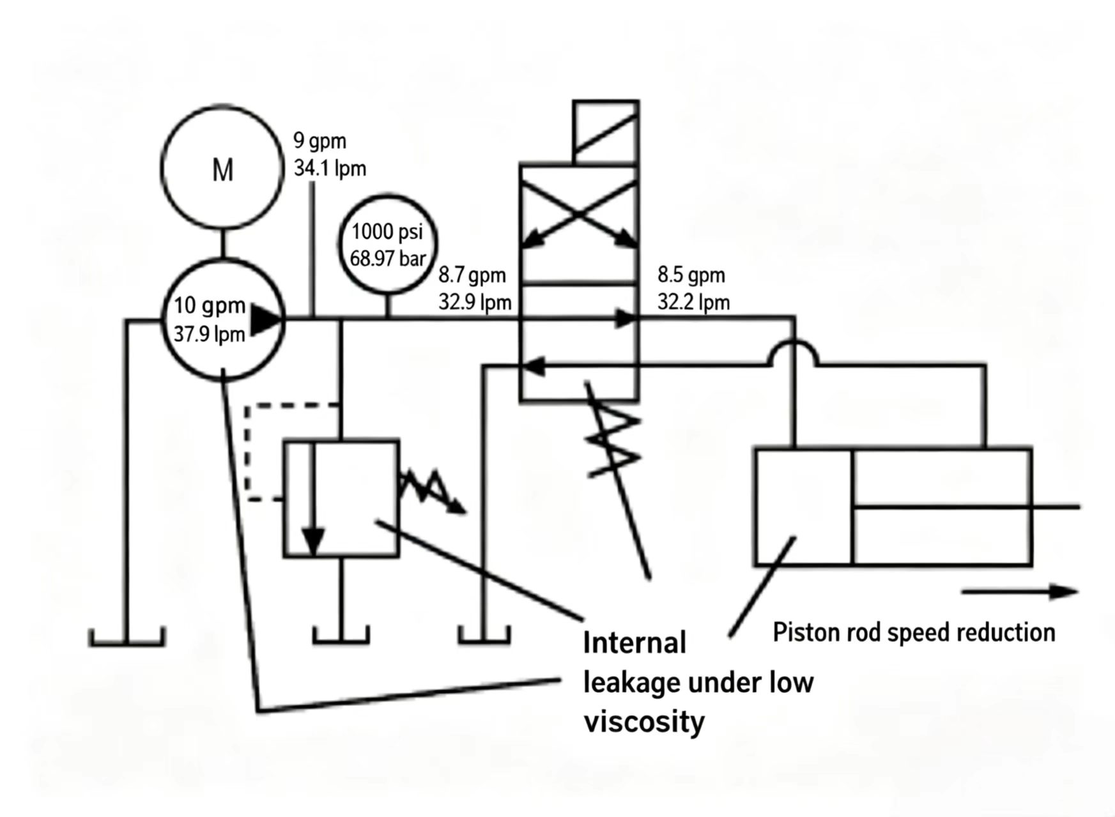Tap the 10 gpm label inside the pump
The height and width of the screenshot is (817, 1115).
(210, 305)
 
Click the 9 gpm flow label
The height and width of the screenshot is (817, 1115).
(319, 141)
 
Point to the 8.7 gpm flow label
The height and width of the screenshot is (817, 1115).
(472, 275)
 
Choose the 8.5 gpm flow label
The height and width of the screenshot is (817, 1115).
(691, 275)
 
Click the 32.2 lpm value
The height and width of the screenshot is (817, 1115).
(693, 302)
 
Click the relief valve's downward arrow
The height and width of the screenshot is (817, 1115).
(313, 498)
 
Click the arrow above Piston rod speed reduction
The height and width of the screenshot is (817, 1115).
(1020, 592)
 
